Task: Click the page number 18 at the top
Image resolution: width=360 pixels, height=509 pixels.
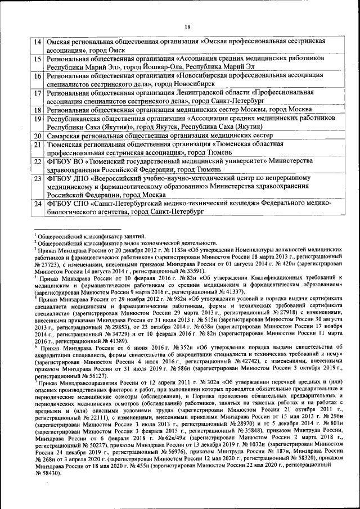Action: point(187,26)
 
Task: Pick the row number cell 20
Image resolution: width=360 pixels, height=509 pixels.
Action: point(37,136)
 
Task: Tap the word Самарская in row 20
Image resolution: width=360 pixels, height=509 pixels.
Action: point(65,136)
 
